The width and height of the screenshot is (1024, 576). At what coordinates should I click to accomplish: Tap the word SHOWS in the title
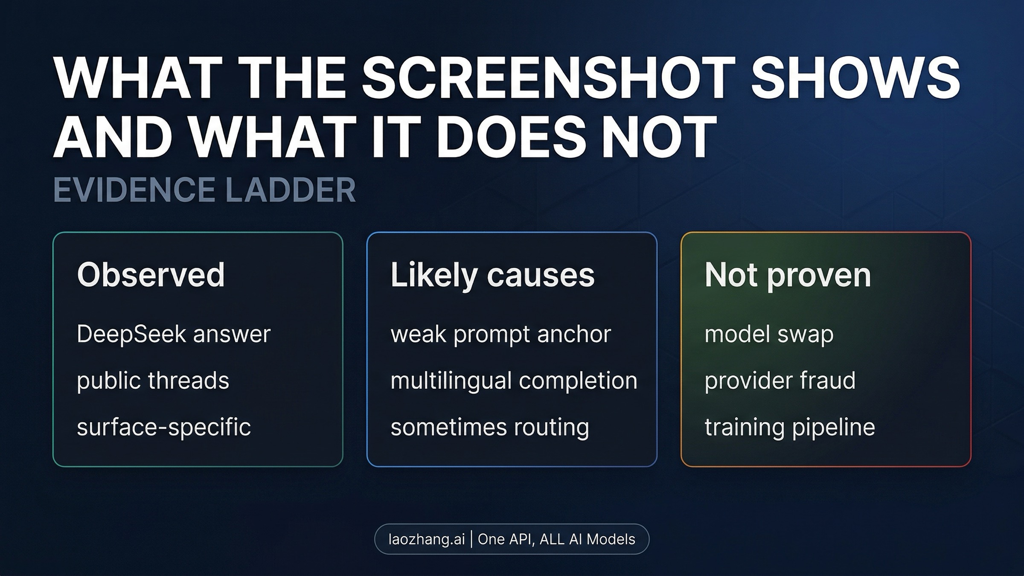[855, 78]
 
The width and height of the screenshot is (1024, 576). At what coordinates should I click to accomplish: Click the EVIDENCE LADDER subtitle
[204, 190]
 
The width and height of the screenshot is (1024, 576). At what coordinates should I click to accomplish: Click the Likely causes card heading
[492, 275]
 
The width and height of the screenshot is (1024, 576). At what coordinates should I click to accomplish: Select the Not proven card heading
[788, 275]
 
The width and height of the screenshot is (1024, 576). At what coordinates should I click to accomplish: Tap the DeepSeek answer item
[174, 334]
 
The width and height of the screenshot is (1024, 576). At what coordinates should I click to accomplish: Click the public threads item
[153, 380]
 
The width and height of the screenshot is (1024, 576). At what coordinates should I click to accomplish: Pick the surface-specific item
[164, 427]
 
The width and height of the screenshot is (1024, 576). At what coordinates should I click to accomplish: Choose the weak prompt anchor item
[500, 334]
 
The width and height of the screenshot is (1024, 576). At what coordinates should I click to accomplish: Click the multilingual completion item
[514, 380]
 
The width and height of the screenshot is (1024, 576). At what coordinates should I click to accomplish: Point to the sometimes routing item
[490, 427]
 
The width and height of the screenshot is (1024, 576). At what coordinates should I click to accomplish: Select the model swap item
[769, 334]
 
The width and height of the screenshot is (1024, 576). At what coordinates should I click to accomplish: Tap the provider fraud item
[780, 380]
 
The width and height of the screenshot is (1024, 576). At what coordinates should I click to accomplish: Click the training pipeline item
[790, 427]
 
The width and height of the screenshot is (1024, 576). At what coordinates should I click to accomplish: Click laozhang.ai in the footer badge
[426, 539]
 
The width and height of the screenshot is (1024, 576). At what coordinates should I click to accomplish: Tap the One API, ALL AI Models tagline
[556, 539]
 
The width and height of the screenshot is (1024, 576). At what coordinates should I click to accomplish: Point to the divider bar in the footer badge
[471, 539]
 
